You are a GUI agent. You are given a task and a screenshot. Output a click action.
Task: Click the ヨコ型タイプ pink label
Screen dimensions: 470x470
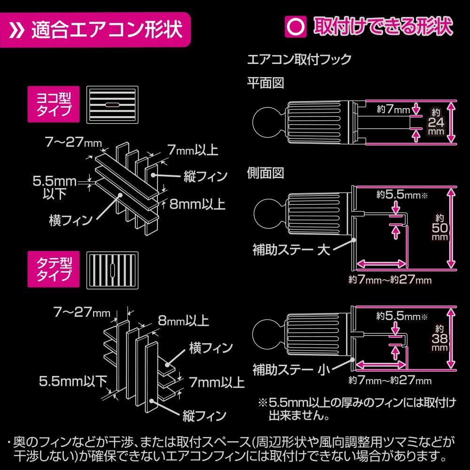coord(54,104)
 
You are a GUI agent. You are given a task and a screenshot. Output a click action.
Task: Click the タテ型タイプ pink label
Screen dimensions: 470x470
coord(54,269)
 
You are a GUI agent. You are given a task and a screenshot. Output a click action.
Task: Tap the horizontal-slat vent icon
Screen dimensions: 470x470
coord(112,105)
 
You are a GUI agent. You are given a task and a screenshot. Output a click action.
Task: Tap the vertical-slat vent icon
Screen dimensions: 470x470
coord(112,270)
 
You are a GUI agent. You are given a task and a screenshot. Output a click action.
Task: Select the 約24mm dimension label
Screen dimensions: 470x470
coord(436,122)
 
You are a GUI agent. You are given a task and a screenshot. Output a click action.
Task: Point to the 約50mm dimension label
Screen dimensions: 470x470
coord(440,227)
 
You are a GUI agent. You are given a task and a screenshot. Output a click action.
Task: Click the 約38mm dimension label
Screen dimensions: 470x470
coord(439,338)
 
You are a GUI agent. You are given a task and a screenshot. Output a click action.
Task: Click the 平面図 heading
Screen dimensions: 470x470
coord(265,83)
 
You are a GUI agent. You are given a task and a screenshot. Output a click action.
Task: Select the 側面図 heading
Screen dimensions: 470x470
coord(265,173)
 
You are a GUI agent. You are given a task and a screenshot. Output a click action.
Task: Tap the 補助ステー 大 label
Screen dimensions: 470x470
coord(291,250)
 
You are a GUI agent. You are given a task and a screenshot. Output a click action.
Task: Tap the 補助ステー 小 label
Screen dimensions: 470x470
coord(291,369)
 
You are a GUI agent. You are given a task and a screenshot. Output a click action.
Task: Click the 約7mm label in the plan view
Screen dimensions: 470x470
coord(393,109)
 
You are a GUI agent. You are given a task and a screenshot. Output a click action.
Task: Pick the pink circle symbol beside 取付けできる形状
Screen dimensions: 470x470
coord(296,27)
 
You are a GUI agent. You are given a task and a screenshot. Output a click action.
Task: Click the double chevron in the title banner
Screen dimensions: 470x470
coord(16,30)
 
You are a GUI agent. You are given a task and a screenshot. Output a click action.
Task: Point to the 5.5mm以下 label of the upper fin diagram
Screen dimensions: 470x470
coord(55,188)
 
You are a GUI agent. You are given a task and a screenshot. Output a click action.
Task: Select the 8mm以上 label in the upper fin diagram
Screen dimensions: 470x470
coord(197,204)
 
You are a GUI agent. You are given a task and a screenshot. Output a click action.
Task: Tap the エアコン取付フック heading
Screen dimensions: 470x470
coord(299,59)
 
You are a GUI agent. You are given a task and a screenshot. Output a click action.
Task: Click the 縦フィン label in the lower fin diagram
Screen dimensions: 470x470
coord(204,416)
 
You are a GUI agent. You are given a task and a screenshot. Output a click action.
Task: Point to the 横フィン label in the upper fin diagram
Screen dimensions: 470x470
coord(71,220)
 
